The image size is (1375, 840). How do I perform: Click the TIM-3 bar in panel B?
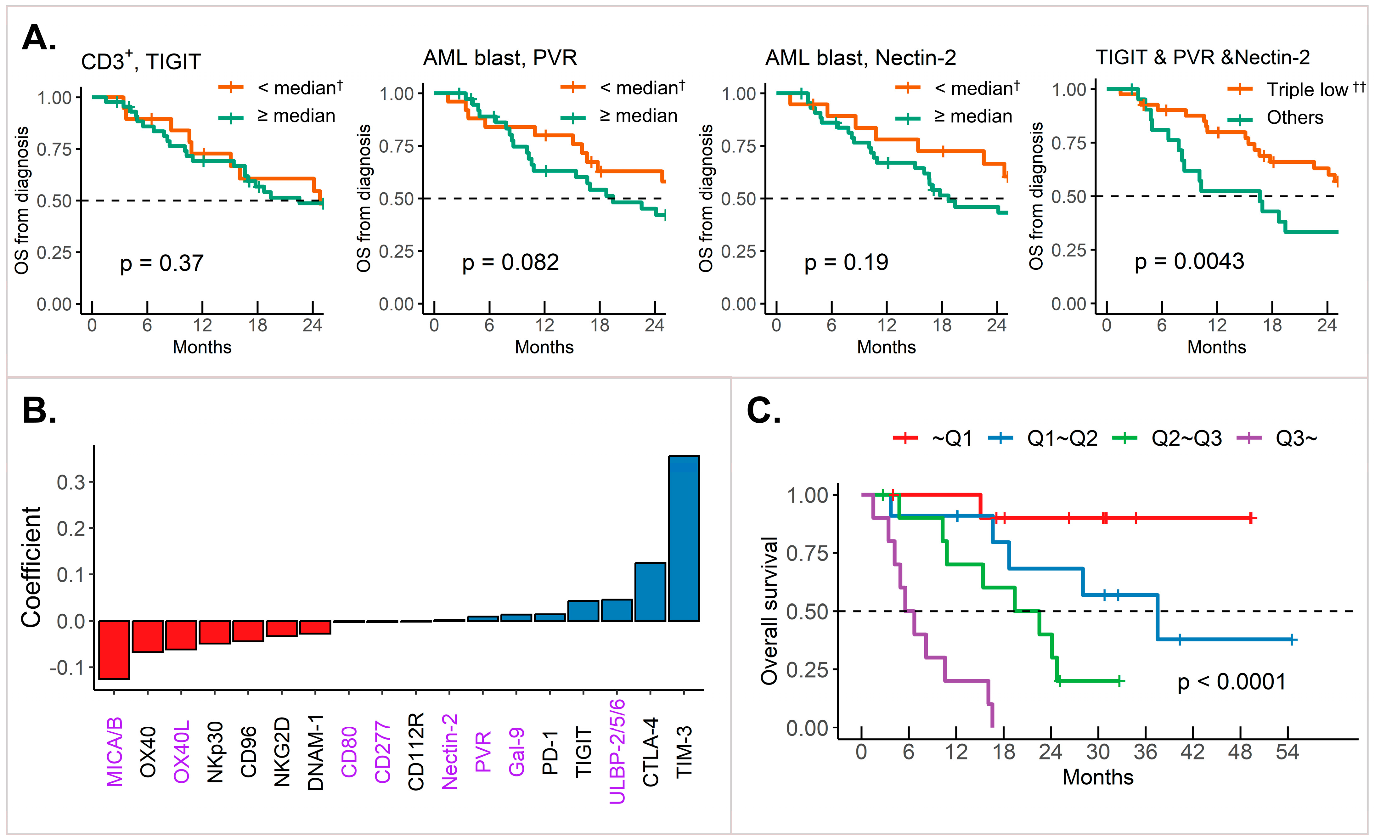tap(684, 538)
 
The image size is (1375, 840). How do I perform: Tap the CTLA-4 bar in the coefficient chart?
tap(650, 592)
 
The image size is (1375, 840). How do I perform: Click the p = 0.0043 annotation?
tap(1189, 261)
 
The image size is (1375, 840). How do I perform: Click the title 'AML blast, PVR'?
tap(500, 58)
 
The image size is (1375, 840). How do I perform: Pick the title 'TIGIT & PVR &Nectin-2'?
tap(1203, 58)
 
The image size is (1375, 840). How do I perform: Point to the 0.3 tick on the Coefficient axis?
tap(71, 482)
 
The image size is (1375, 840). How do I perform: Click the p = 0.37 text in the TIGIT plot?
tap(162, 263)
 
